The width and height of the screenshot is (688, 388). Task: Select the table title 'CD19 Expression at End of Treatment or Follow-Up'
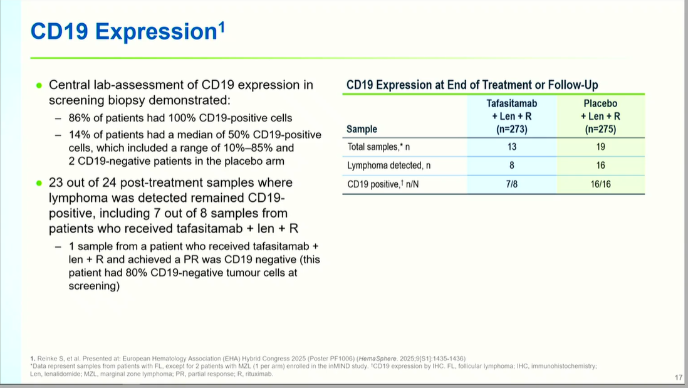pyautogui.click(x=472, y=85)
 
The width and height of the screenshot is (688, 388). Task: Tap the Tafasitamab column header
pyautogui.click(x=511, y=117)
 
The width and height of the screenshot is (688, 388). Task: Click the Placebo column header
pyautogui.click(x=600, y=117)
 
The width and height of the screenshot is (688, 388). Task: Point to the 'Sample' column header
pyautogui.click(x=362, y=129)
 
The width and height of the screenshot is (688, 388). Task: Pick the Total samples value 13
pyautogui.click(x=511, y=147)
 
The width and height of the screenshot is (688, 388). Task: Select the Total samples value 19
pyautogui.click(x=600, y=147)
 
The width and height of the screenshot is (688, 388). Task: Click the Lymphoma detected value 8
pyautogui.click(x=511, y=165)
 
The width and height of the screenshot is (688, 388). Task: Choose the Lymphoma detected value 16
pyautogui.click(x=600, y=165)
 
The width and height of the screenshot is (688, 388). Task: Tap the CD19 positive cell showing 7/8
pyautogui.click(x=511, y=184)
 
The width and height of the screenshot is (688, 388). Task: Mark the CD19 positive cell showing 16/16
pyautogui.click(x=600, y=184)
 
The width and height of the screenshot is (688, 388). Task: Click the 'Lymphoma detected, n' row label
pyautogui.click(x=388, y=165)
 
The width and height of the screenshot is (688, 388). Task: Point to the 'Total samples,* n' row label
pyautogui.click(x=378, y=147)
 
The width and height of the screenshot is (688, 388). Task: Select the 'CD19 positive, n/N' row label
pyautogui.click(x=383, y=184)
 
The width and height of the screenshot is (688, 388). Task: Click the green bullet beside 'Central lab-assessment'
pyautogui.click(x=39, y=85)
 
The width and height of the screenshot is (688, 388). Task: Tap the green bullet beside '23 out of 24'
pyautogui.click(x=39, y=183)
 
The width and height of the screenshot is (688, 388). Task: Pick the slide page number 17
pyautogui.click(x=679, y=377)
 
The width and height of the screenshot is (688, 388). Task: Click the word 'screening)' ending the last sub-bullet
pyautogui.click(x=94, y=286)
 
